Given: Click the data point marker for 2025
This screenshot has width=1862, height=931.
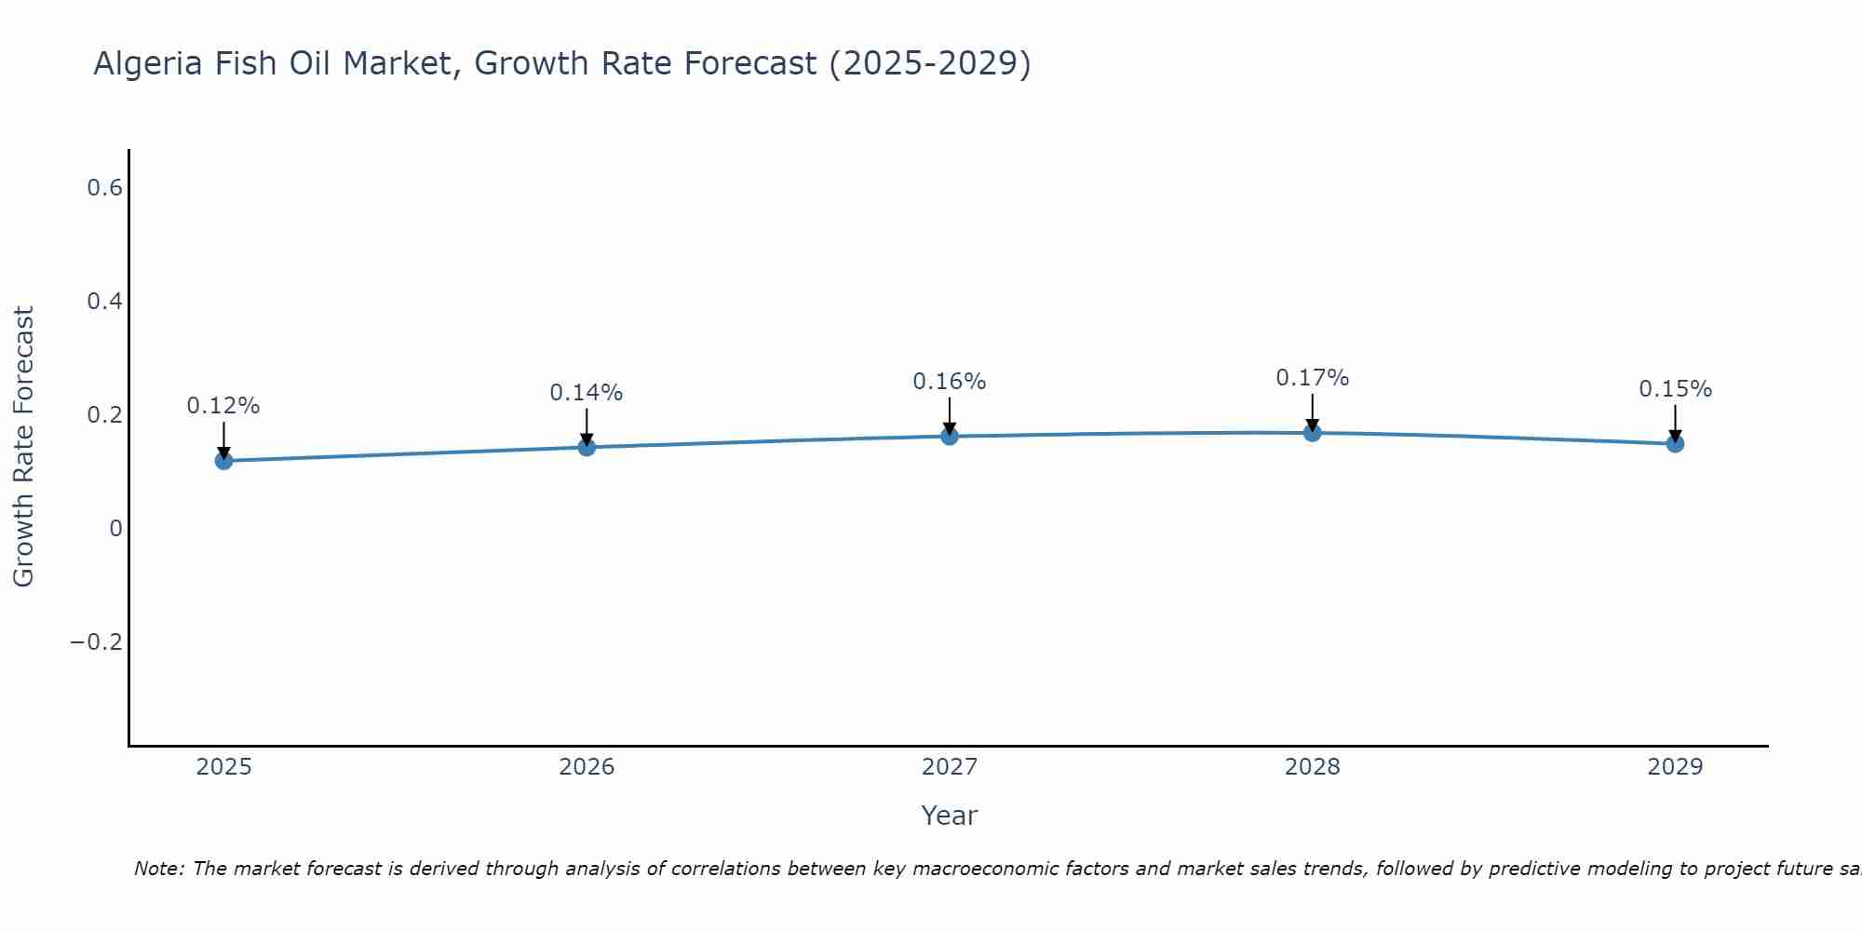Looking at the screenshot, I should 223,461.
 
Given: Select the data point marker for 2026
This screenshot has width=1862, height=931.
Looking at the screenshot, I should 587,447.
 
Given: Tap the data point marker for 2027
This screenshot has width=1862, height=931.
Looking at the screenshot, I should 950,436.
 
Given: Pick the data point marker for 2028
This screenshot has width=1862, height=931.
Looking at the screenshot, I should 1312,432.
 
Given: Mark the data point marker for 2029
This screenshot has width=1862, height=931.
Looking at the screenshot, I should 1675,443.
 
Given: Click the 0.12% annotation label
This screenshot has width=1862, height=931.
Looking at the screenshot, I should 223,406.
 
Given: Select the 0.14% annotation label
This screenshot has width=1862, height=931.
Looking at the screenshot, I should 587,393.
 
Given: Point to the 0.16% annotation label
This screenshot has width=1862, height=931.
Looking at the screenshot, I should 950,382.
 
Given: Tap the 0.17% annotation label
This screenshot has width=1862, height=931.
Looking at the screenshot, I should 1312,378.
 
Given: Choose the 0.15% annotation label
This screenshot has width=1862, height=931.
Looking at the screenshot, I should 1675,389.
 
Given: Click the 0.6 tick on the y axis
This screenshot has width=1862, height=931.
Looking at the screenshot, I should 104,188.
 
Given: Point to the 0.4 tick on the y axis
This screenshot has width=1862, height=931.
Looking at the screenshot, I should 104,302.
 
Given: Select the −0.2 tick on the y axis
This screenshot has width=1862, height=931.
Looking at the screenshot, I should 97,642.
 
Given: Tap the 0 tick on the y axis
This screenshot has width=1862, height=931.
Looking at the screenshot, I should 115,529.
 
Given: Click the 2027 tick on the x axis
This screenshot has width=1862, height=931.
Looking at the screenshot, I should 950,767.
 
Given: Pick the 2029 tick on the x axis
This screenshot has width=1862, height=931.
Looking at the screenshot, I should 1675,767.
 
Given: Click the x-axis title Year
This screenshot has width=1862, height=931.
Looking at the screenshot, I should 950,816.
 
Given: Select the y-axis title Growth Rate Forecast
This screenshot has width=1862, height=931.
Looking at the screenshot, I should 23,447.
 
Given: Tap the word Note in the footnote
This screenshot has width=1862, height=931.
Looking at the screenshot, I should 156,869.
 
